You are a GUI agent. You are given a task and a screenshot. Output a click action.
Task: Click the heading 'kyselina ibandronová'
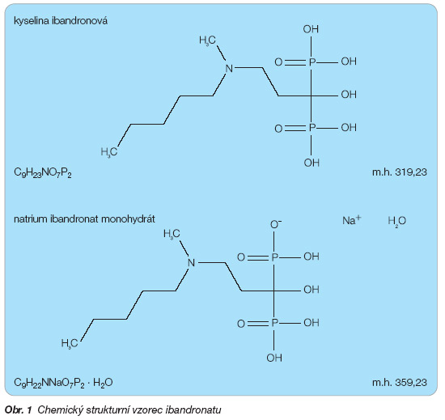[61, 21]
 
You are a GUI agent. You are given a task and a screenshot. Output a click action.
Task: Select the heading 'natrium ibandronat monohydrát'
[84, 219]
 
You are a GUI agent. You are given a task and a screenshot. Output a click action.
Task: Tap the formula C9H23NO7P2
[43, 172]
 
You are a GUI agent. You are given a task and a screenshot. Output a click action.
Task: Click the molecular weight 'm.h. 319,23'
[400, 172]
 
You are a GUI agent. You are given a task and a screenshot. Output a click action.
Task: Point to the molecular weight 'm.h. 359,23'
[400, 382]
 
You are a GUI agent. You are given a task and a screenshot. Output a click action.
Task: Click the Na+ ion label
[352, 220]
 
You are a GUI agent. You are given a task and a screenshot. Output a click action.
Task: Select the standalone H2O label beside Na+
[396, 221]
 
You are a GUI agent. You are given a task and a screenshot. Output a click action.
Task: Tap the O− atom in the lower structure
[276, 224]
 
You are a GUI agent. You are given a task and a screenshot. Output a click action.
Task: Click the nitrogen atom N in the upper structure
[229, 69]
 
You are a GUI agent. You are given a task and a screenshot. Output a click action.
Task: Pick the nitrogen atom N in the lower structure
[192, 263]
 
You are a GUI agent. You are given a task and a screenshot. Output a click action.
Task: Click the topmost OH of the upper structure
[311, 29]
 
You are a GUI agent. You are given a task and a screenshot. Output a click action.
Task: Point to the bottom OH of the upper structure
[311, 163]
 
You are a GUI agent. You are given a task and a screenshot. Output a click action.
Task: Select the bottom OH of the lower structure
[274, 358]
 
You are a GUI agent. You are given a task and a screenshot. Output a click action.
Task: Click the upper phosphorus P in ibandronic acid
[311, 62]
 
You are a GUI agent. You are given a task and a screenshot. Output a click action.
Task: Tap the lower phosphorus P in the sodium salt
[274, 323]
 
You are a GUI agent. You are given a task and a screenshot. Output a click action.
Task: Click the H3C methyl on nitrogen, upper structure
[207, 40]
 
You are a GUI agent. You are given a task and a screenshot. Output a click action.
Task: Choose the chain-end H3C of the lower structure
[70, 343]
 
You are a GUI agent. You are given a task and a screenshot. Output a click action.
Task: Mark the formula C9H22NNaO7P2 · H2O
[63, 383]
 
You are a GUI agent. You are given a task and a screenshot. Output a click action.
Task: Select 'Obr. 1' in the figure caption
[19, 410]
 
